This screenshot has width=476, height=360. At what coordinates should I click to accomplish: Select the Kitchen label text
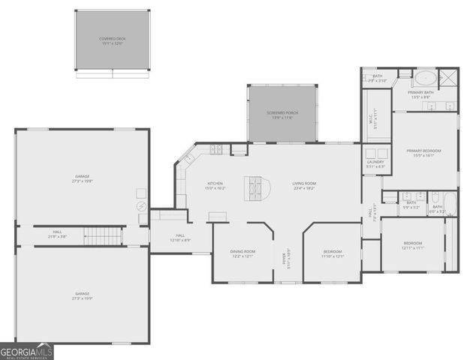(x=215, y=185)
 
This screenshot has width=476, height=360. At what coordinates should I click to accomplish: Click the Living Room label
(x=303, y=185)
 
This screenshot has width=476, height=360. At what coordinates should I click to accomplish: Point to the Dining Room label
(x=243, y=253)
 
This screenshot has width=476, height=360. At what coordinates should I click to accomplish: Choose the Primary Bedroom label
(x=423, y=153)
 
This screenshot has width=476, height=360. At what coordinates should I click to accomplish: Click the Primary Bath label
(x=420, y=94)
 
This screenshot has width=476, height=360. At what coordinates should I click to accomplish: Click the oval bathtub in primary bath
(x=426, y=77)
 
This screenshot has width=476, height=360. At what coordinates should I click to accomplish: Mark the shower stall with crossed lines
(x=449, y=77)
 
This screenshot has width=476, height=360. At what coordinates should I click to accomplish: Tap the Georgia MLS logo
(x=27, y=351)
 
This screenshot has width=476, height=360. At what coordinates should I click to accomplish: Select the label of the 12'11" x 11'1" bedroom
(x=412, y=245)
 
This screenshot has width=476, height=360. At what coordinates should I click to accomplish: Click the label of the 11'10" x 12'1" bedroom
(x=332, y=253)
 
